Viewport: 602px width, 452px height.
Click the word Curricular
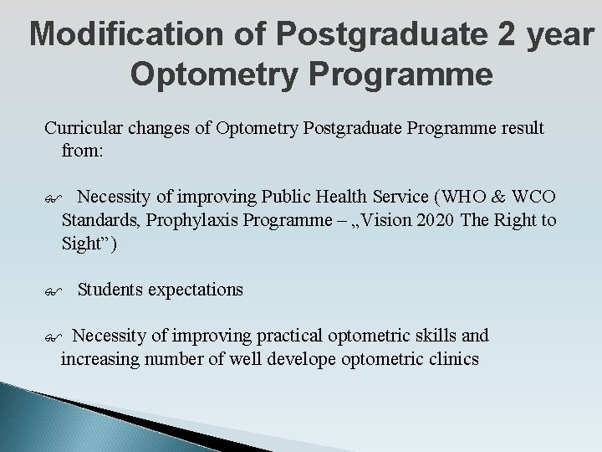(x=85, y=129)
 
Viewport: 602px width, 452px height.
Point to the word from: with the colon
(x=81, y=152)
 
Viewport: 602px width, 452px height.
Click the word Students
(x=110, y=290)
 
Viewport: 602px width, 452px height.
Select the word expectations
(x=196, y=290)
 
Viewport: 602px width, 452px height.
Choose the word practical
(x=283, y=336)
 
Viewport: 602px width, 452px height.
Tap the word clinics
(x=452, y=359)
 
